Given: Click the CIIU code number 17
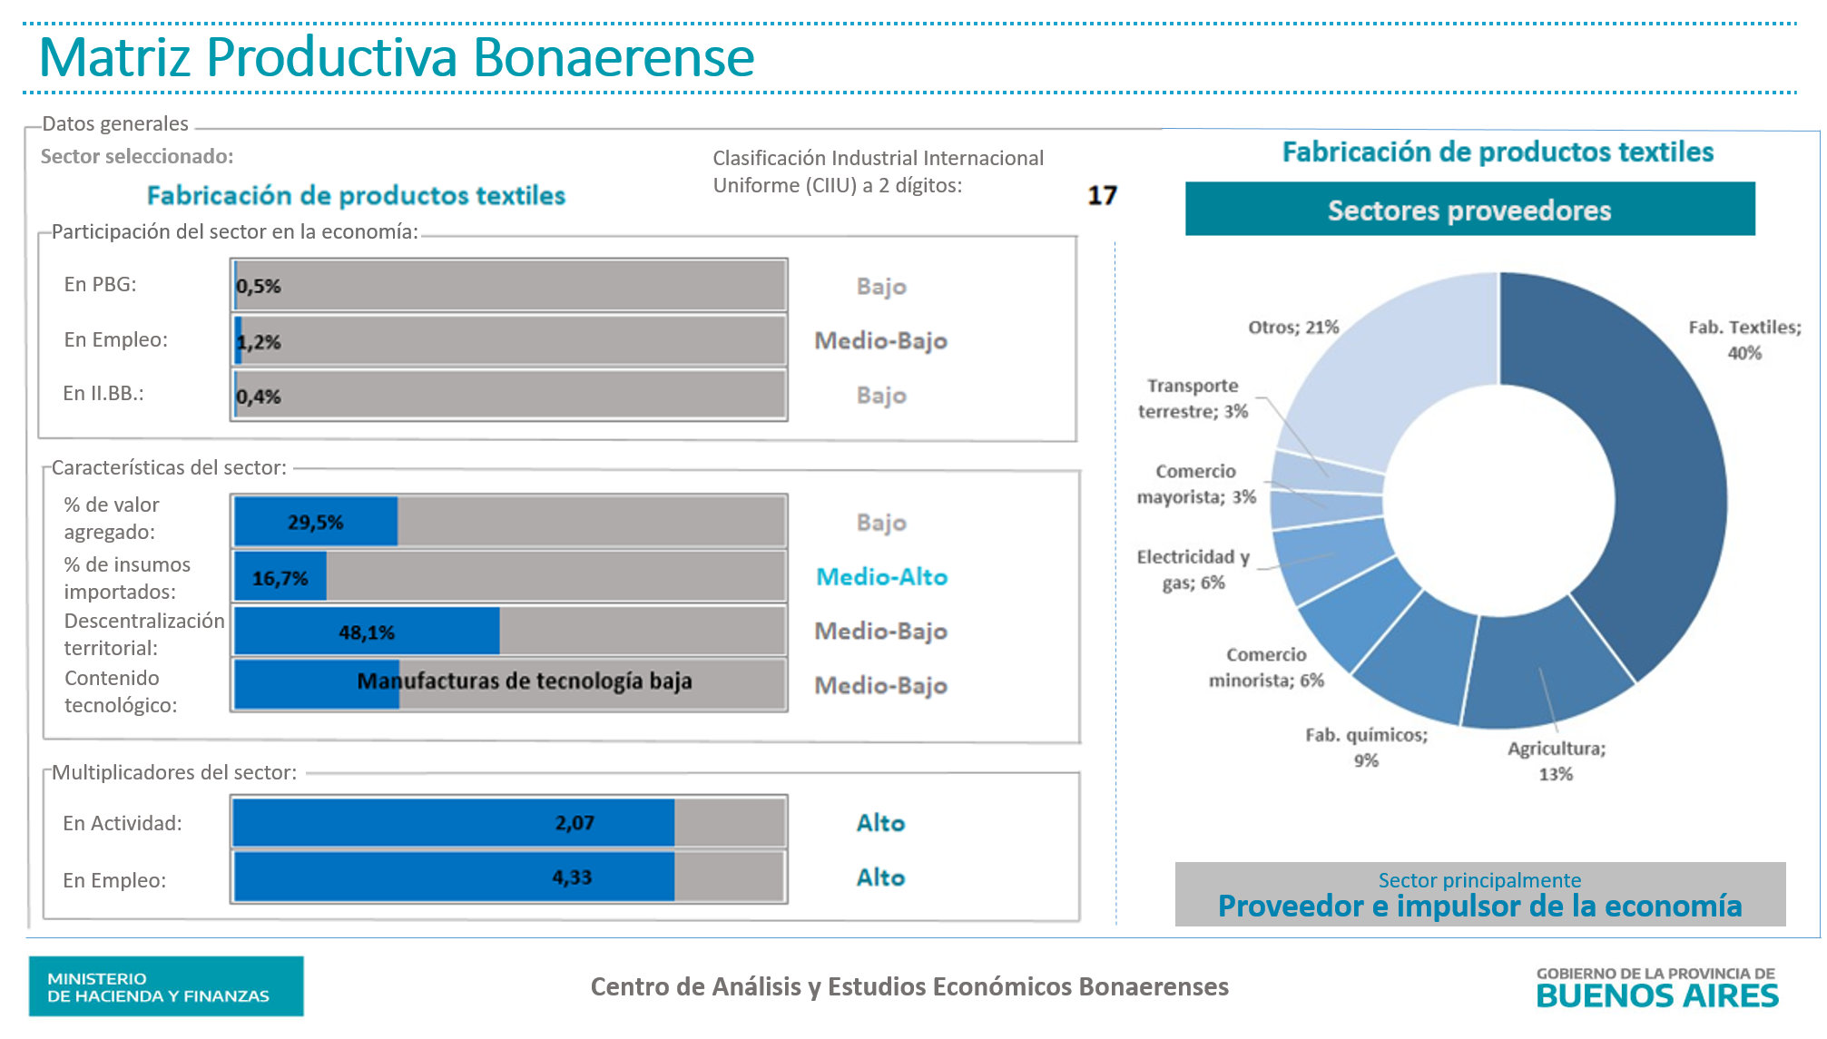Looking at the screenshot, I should pos(1102,196).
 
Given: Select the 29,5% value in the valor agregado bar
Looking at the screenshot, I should pos(316,523).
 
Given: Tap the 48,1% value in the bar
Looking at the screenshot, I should pos(367,632).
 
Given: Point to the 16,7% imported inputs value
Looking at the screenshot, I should pos(280,578).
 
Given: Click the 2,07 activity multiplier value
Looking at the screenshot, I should pos(575,823).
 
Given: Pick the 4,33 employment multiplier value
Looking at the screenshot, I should pos(572,877).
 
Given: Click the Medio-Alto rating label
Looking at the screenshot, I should pos(881,577).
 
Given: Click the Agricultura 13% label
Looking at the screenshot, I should pos(1557,760).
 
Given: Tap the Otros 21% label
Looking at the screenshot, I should pos(1293,328).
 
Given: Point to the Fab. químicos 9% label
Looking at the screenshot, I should pos(1366,747).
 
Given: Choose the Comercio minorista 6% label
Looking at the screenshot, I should pos(1266,667).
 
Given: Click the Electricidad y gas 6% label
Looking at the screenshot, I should pos(1193,569).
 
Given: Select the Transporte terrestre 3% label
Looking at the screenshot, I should pos(1193,398).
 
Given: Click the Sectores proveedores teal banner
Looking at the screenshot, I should pos(1469,210).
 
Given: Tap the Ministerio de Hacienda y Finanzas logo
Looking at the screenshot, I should pos(166,986).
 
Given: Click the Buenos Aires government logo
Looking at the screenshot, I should pos(1656,987).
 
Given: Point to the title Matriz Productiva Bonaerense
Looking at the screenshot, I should pos(397,57).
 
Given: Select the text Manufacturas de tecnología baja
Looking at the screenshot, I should pos(525,681).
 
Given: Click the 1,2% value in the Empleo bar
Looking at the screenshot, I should pos(259,342).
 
